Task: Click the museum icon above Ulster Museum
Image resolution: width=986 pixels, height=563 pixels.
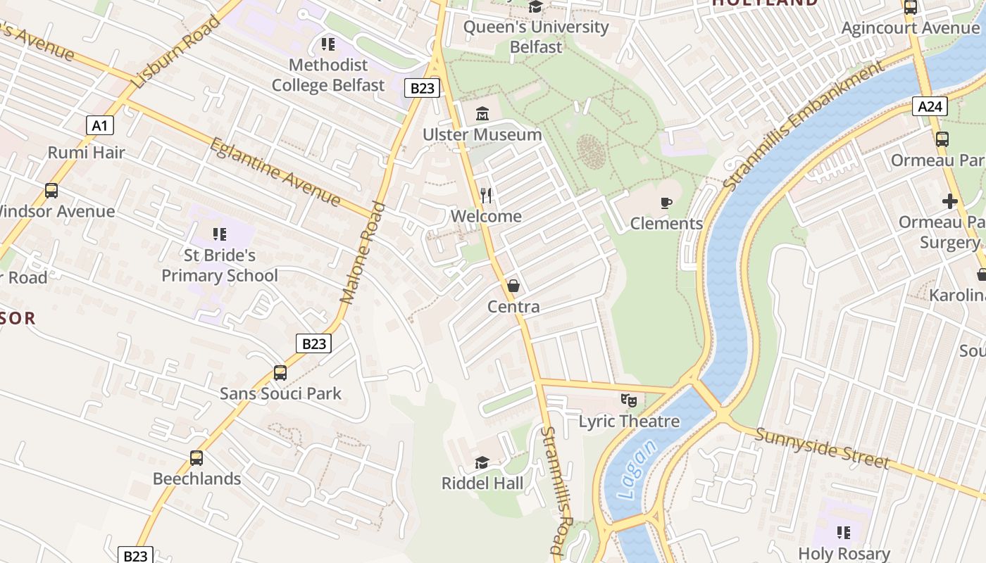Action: tap(482, 113)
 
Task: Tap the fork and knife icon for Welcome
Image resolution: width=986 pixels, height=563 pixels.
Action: tap(486, 195)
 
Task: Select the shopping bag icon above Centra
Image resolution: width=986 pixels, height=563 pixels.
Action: tap(513, 286)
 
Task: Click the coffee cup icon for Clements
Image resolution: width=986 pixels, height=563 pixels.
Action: tap(666, 203)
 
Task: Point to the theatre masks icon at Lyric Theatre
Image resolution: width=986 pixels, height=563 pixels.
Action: tap(629, 400)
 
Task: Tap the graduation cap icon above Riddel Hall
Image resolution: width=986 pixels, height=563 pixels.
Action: tap(482, 462)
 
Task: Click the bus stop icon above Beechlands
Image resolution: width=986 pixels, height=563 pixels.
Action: tap(196, 458)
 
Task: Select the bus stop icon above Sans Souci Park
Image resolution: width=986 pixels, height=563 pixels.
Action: tap(280, 373)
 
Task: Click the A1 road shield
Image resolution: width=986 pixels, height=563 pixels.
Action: tap(99, 126)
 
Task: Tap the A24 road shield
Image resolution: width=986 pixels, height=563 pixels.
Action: tap(930, 106)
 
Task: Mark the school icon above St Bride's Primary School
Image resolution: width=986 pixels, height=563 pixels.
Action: tap(220, 234)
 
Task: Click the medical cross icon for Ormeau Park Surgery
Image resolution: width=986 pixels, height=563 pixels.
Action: tap(949, 202)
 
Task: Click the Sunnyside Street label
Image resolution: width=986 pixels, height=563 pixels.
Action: tap(822, 448)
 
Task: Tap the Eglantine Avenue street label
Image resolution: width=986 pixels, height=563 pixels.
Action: tap(275, 172)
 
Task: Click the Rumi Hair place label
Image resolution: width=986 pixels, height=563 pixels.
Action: tap(86, 153)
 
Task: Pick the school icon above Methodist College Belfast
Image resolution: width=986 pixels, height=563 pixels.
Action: tap(328, 44)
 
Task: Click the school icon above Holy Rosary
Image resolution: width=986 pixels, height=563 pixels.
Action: tap(844, 533)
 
